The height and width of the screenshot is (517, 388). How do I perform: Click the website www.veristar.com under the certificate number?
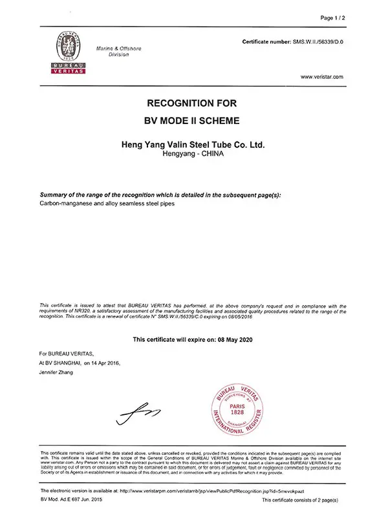coord(322,76)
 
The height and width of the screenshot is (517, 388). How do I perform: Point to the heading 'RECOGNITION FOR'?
coord(193,103)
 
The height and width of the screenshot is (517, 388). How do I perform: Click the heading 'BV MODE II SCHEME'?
coord(193,120)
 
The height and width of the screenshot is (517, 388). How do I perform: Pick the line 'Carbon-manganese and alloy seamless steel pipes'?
coord(107,204)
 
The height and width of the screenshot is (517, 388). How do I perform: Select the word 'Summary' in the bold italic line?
coord(55,195)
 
